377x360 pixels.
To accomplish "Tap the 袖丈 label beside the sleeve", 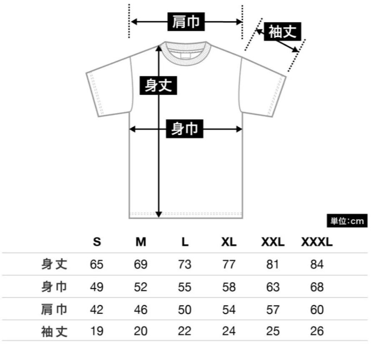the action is [282, 32].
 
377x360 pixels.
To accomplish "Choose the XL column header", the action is [229, 242].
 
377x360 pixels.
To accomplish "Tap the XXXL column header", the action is [317, 242].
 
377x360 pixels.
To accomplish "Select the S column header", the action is [97, 242].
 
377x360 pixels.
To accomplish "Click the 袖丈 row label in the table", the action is [54, 331].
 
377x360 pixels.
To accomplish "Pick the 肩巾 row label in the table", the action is [54, 309].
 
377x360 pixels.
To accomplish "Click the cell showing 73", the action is [184, 264].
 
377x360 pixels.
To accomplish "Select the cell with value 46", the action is [141, 309].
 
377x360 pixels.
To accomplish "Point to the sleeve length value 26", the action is [317, 331].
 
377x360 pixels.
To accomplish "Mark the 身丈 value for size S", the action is [97, 264].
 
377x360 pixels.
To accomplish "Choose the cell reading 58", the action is [229, 287].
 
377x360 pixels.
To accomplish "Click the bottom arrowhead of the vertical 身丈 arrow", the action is [158, 214].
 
